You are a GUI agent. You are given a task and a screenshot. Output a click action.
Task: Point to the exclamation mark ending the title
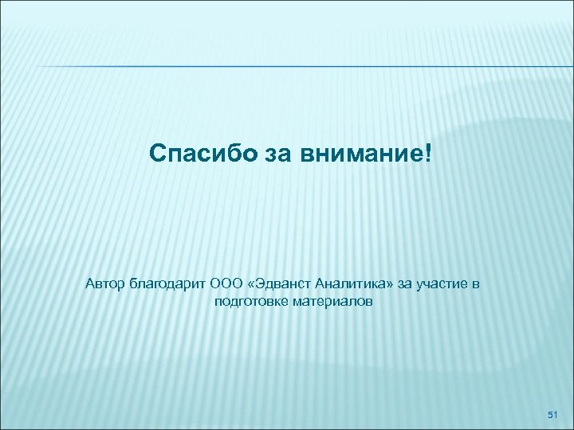coord(433,150)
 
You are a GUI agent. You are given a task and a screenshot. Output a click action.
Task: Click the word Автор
coord(105,283)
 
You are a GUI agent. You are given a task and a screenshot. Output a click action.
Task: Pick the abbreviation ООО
coord(229,283)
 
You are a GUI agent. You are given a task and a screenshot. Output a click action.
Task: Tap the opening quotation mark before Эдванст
coord(254,284)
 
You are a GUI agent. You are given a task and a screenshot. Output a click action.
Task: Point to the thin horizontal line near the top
coord(287,65)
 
